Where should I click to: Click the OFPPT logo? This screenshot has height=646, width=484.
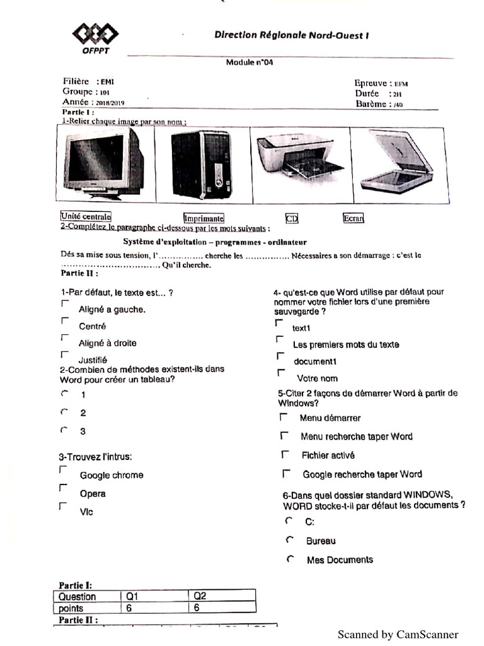[95, 38]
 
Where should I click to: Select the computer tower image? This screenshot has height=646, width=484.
[201, 165]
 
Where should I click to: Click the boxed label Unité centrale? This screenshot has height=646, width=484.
[86, 216]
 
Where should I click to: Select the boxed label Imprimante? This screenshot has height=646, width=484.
[204, 218]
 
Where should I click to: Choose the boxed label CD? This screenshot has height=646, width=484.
[291, 218]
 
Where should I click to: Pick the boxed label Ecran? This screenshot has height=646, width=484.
[353, 218]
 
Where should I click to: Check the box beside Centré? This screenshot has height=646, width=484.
[64, 321]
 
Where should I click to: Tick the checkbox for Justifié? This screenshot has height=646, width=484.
[64, 355]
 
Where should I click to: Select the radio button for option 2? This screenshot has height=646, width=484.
[64, 412]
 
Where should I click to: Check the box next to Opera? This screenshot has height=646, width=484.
[63, 488]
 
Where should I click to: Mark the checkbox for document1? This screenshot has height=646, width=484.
[280, 356]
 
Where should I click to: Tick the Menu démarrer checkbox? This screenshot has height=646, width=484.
[284, 417]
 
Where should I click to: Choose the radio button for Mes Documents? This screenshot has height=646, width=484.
[290, 559]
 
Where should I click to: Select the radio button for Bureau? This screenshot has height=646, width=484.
[290, 540]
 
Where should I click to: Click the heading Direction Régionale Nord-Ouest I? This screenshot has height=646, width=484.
[291, 35]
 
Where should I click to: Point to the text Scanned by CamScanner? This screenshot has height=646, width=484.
[398, 635]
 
